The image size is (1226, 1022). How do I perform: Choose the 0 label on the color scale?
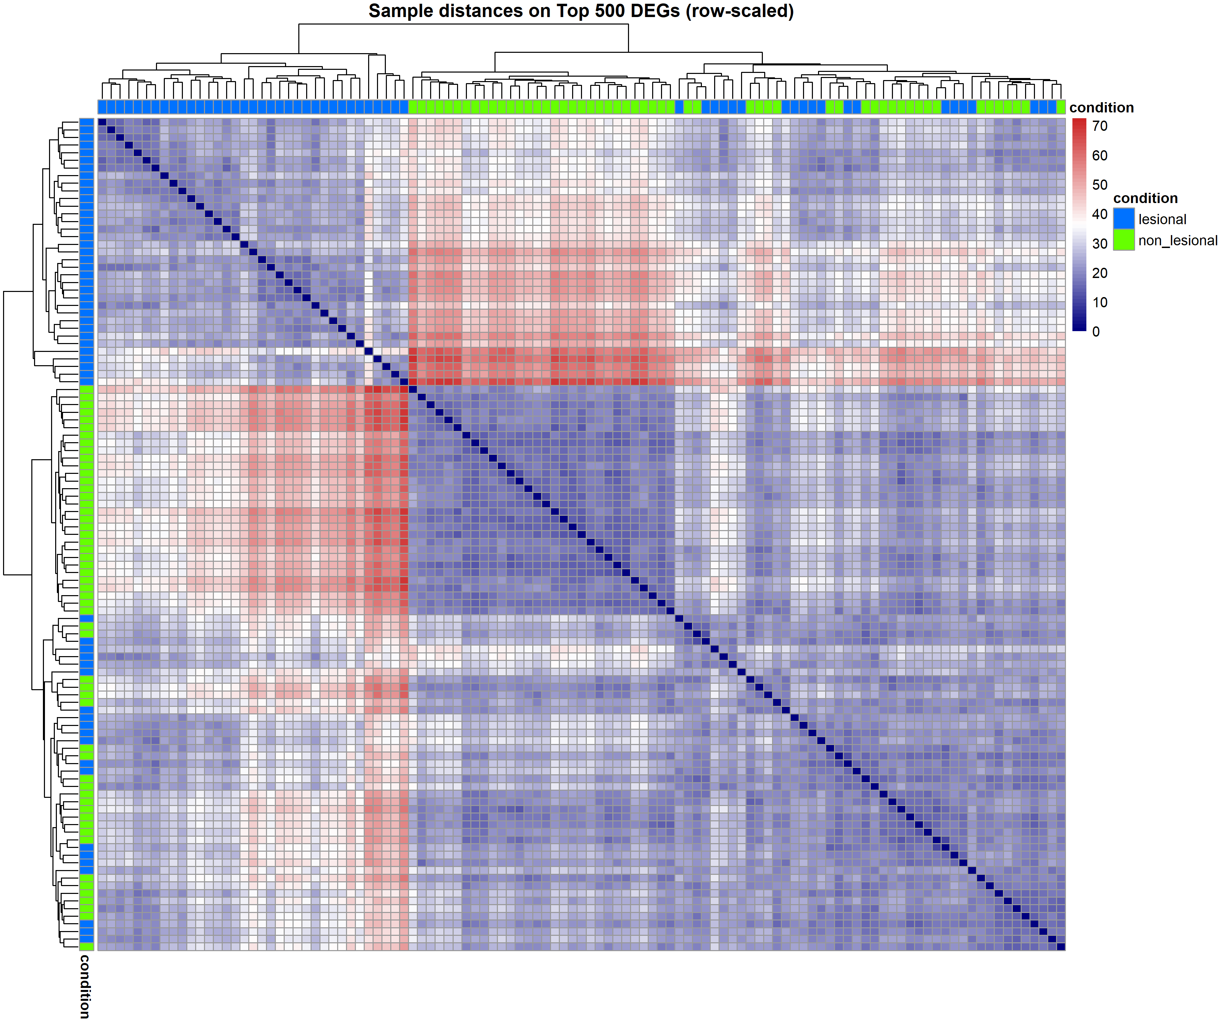coord(1096,332)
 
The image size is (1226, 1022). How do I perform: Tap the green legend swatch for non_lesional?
coord(1124,240)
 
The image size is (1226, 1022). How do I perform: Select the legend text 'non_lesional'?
coord(1178,241)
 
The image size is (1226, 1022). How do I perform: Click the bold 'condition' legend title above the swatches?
coord(1145,199)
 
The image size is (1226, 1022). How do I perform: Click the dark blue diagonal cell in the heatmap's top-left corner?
coord(102,122)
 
